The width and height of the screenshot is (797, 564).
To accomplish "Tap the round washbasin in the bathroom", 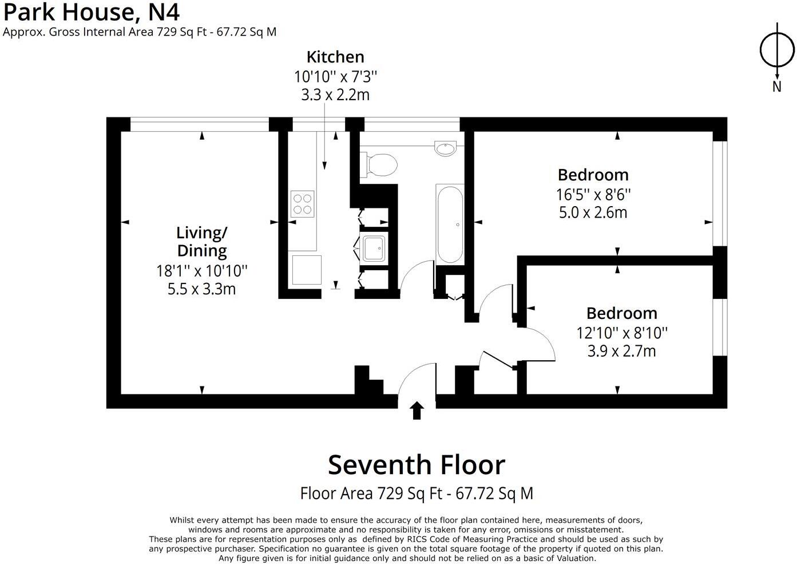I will coord(445,148).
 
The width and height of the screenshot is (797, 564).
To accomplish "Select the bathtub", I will coord(450,224).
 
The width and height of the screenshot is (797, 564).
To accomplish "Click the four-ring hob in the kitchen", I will coord(303,203).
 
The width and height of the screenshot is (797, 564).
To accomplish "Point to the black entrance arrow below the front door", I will coord(417,411).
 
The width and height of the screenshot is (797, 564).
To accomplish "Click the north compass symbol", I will coord(777,50).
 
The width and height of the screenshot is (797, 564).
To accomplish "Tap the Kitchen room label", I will coord(335,57).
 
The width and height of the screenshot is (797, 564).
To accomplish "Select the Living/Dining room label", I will coord(201,242).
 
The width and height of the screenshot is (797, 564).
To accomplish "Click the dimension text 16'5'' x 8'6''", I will coord(593,195).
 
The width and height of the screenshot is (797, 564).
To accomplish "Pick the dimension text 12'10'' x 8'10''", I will coord(622,333).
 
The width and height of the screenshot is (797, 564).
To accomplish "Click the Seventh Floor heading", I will coord(416,465).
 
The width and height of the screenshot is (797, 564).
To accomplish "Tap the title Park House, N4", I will coord(92,11).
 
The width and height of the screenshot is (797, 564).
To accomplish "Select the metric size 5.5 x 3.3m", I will coord(201,289).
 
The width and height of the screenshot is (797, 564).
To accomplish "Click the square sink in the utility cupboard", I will coord(374,248).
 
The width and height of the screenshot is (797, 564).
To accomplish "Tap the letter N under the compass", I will coord(777,87).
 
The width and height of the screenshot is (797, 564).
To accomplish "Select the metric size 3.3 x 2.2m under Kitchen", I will coord(335,95).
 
